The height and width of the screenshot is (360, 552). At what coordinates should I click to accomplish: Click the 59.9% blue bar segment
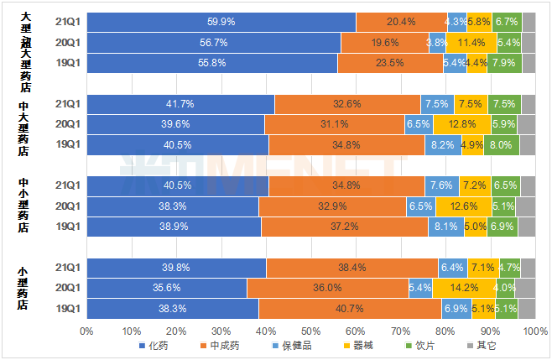[221, 22]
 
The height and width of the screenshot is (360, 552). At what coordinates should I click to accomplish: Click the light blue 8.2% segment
[443, 144]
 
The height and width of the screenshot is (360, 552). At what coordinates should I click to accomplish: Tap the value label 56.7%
[213, 43]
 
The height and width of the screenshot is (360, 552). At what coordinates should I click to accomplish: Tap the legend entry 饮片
[419, 345]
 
